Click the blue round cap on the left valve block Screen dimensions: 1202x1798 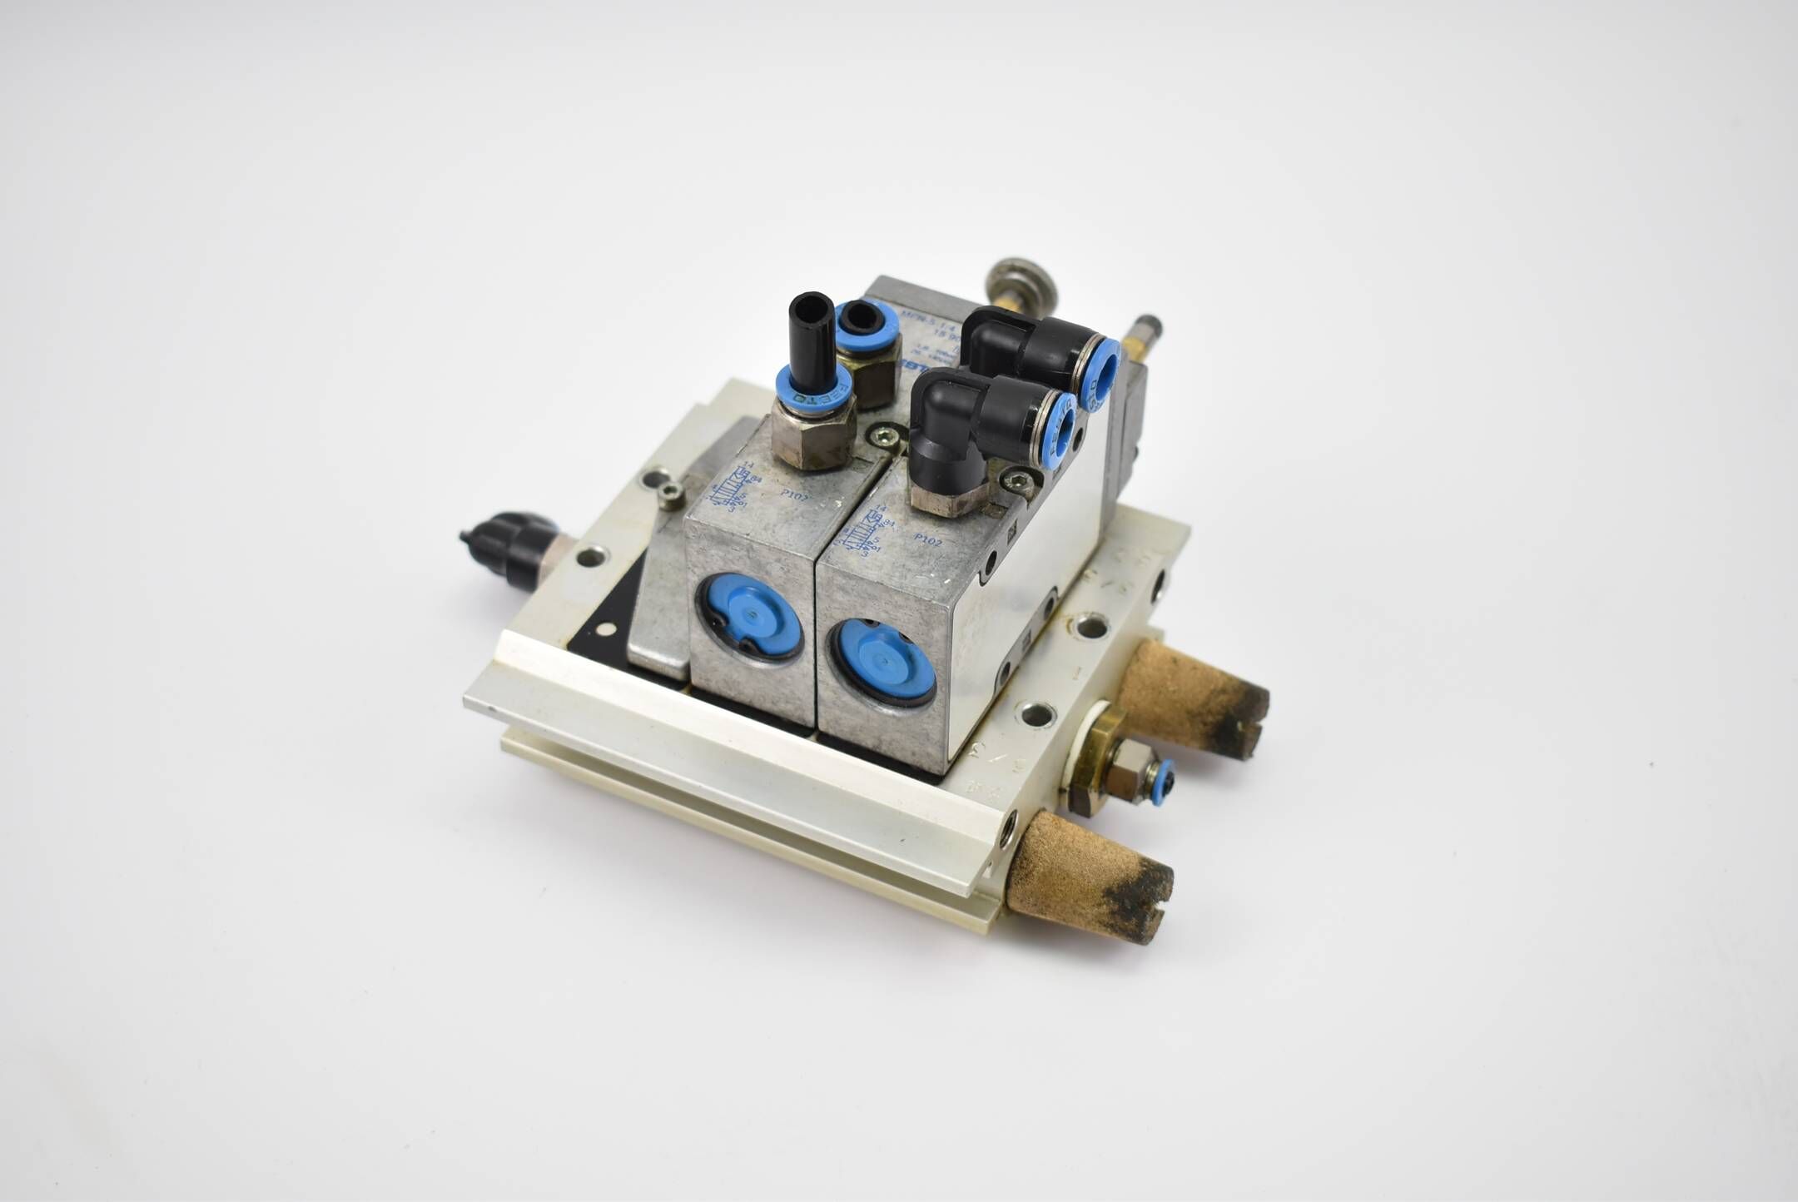[747, 616]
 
